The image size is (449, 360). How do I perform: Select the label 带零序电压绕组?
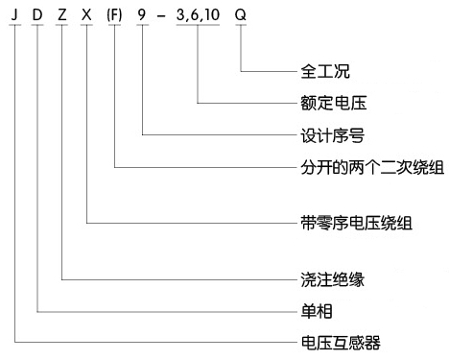[x=343, y=223]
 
